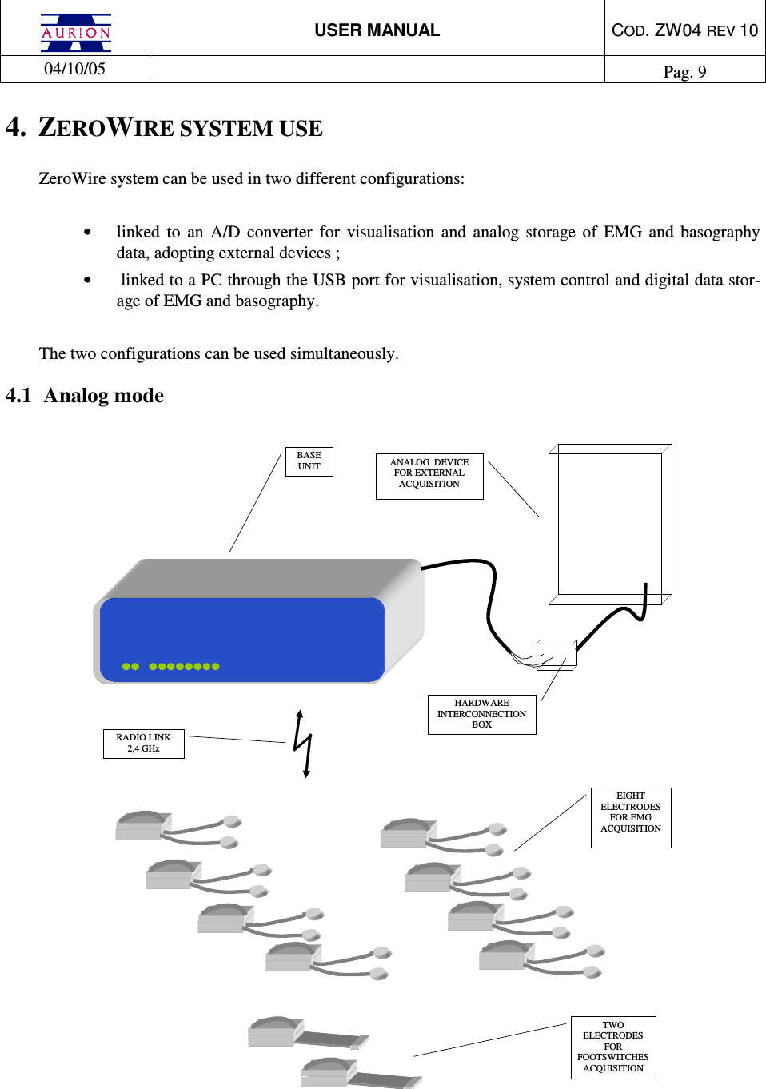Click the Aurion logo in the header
(76, 32)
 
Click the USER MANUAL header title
(377, 30)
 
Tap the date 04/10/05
(74, 69)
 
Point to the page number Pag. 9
(684, 72)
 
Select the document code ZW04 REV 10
(684, 30)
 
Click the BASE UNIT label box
(309, 461)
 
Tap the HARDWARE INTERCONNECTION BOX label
(481, 714)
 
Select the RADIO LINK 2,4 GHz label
(143, 744)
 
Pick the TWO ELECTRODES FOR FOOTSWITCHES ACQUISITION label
(613, 1047)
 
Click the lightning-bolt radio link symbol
(301, 744)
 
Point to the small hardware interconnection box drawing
(557, 654)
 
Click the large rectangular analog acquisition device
(609, 523)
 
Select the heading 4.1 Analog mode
(85, 396)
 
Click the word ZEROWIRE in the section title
(106, 128)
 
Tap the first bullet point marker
(87, 233)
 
